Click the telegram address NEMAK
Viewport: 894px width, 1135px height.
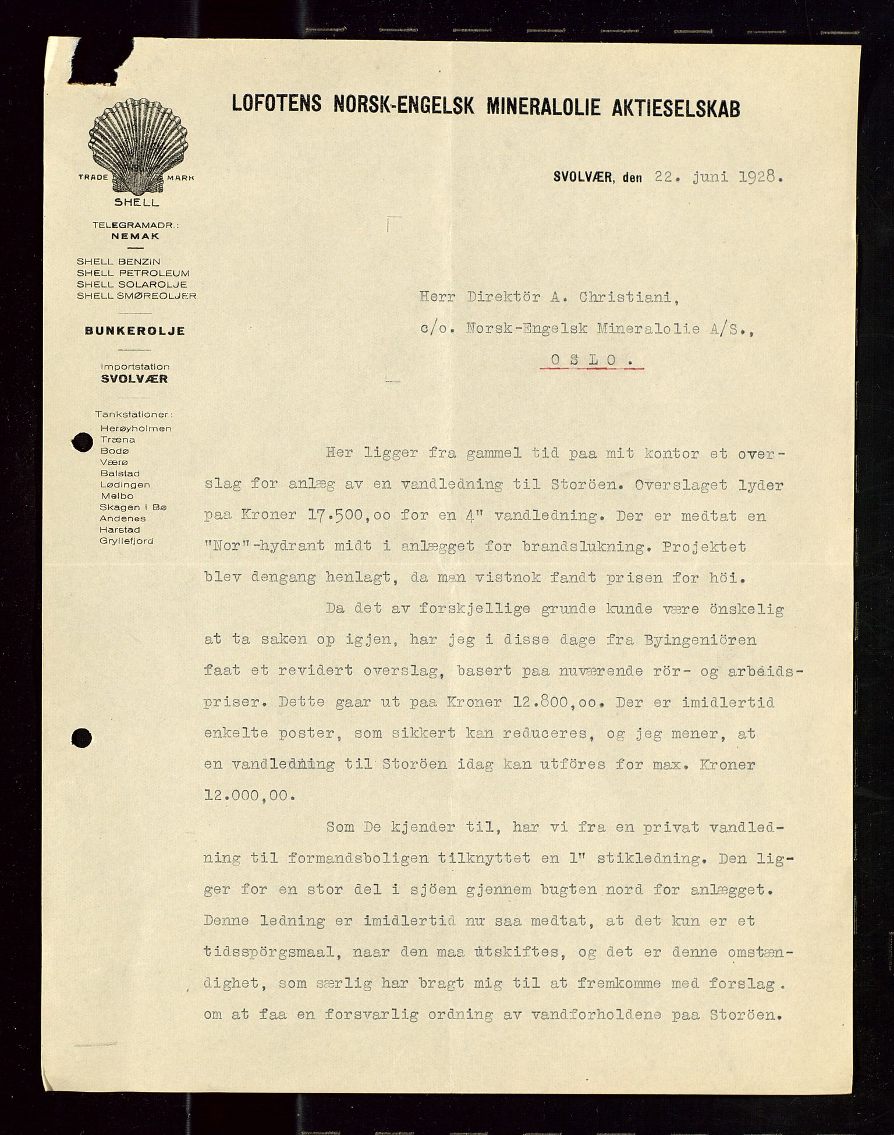[x=135, y=236]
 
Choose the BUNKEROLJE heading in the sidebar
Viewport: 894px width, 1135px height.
[x=135, y=331]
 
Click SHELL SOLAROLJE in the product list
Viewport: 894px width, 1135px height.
[x=132, y=284]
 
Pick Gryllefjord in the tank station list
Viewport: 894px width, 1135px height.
[x=126, y=541]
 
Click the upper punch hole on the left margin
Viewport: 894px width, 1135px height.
[x=81, y=443]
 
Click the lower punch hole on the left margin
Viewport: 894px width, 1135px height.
[x=81, y=738]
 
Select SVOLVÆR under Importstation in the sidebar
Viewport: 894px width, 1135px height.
[x=134, y=379]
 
